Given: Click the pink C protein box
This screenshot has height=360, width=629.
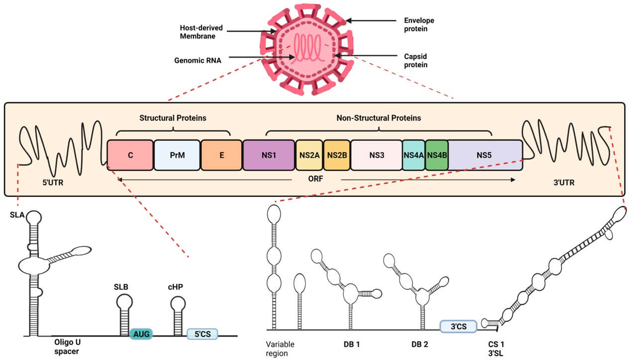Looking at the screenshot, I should pos(130,155).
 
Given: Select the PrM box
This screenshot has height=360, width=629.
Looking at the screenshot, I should pos(177,155).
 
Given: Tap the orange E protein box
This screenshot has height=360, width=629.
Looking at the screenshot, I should pos(221,155).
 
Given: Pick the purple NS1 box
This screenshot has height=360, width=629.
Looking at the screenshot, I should pos(269,155).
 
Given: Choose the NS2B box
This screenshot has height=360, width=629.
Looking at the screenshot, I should pos(337,155).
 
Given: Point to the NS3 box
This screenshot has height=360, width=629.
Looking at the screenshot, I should pos(377,155).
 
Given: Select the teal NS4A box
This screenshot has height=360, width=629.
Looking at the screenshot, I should pos(414,155).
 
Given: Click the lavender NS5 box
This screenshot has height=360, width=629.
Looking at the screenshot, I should pos(485,155).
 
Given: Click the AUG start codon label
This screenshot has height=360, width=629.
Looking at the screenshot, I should pos(141,334).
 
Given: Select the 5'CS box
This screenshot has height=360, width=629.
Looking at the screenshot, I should pos(202,334).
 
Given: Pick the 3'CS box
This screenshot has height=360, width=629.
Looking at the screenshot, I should pos(458,326).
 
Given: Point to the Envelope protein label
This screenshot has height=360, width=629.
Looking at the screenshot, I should pos(419,25).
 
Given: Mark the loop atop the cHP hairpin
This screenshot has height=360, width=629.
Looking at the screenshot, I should pos(178,303).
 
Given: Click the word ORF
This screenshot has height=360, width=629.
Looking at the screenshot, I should pos(316,179).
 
